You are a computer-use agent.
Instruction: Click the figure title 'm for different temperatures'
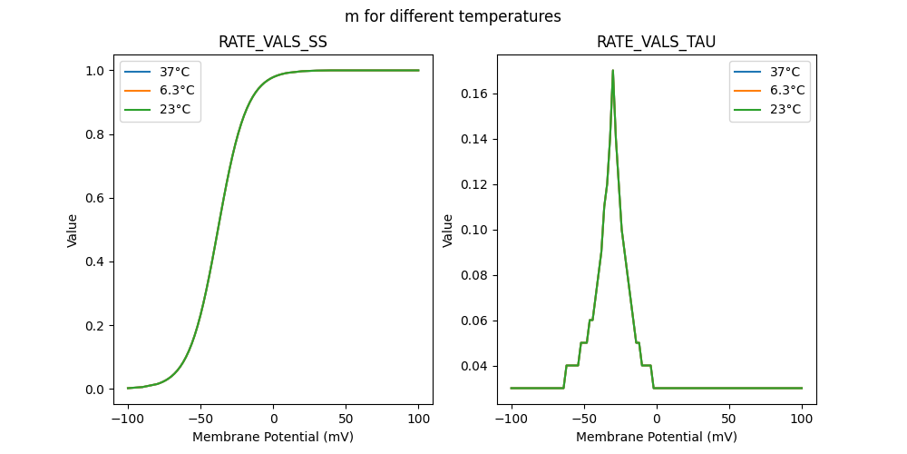453,16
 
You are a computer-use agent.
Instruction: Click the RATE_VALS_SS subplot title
273,42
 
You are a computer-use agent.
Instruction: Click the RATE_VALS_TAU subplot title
656,42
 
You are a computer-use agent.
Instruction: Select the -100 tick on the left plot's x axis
128,419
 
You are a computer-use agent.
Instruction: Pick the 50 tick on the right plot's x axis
729,419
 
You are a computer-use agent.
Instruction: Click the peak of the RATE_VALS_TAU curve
613,70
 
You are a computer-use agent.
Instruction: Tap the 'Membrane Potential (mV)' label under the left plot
273,437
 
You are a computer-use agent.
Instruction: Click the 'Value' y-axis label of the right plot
448,231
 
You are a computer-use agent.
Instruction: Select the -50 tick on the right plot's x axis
584,419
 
